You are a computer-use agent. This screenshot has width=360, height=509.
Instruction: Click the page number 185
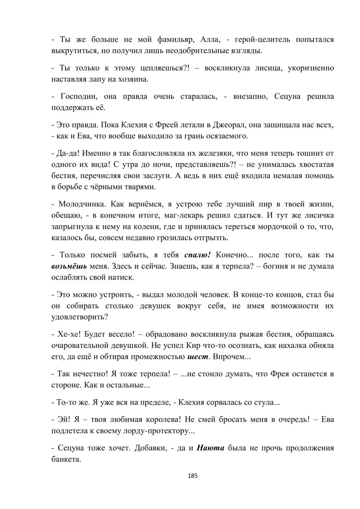(x=193, y=476)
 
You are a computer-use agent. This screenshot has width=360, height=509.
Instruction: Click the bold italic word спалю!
(x=197, y=255)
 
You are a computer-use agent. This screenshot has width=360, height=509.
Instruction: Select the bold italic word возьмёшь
(x=69, y=266)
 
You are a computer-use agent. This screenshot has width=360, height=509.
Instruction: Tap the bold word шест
(x=198, y=357)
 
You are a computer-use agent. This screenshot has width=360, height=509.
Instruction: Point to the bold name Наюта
(x=211, y=448)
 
